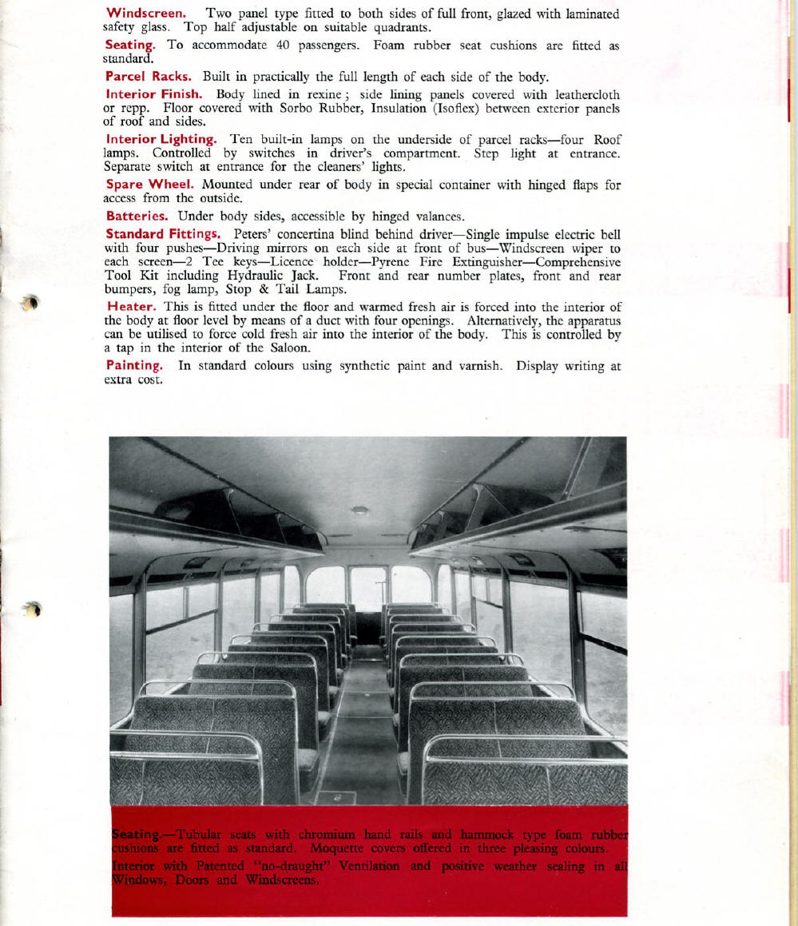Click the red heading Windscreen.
coord(146,14)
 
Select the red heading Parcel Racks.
coord(149,77)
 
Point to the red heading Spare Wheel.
coord(151,185)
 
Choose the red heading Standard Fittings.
coord(165,234)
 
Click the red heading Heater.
coord(131,307)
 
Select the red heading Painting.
coord(135,366)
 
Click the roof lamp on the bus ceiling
coord(360,510)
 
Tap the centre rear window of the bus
coord(368,587)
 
